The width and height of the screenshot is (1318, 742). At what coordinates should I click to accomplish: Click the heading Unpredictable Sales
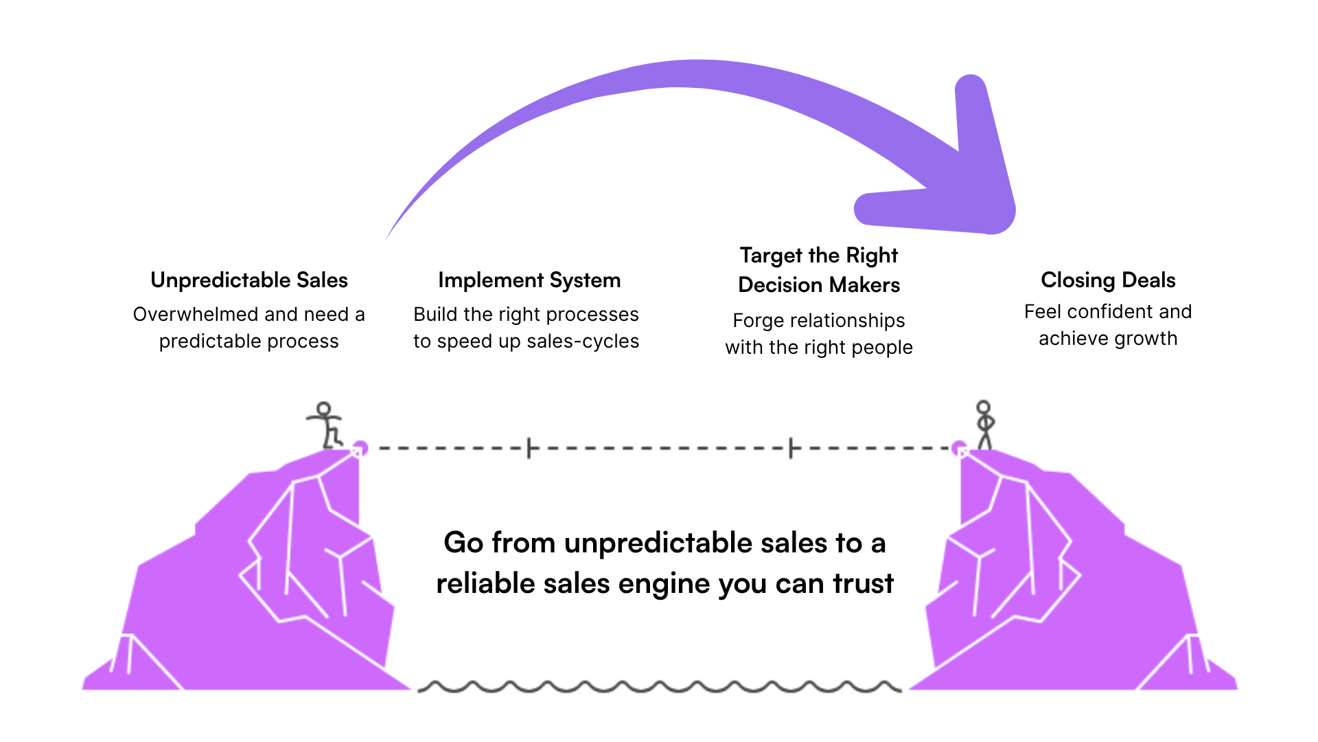pos(249,280)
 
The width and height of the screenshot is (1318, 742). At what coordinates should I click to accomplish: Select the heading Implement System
pos(529,280)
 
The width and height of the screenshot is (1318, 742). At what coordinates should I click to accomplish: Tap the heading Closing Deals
pos(1108,280)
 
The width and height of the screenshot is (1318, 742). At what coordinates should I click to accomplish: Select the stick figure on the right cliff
pos(985,425)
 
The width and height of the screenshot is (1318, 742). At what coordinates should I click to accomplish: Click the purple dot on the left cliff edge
pos(360,449)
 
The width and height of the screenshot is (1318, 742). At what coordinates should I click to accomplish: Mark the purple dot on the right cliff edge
pos(959,449)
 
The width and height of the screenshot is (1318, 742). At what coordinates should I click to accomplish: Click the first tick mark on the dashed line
pos(529,448)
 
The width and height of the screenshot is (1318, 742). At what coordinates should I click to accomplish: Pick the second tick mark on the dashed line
pos(791,448)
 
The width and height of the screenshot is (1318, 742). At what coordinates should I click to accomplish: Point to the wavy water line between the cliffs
pos(659,686)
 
